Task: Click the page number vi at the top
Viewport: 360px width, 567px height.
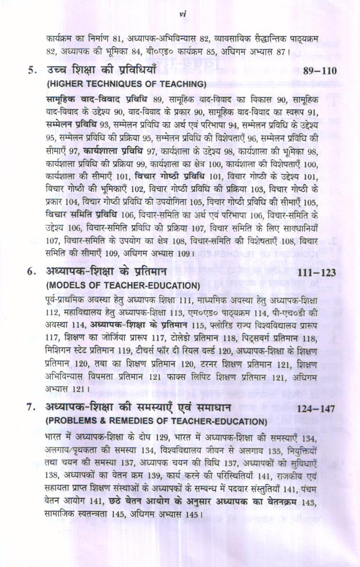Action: pyautogui.click(x=182, y=15)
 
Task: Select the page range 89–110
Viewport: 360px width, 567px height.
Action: pyautogui.click(x=320, y=71)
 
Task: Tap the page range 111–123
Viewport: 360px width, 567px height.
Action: pyautogui.click(x=317, y=273)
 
